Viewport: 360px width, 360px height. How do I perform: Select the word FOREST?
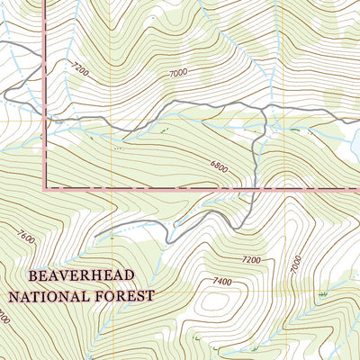pos(126,294)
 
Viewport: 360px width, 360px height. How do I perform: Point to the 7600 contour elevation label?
pos(24,238)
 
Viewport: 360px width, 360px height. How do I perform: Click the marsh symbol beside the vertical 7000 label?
pos(321,293)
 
